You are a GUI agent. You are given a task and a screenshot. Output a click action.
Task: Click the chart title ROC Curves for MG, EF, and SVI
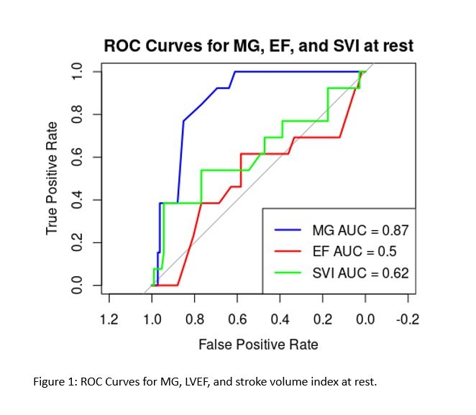(x=258, y=46)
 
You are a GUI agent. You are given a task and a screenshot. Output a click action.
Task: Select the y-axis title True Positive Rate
(x=51, y=178)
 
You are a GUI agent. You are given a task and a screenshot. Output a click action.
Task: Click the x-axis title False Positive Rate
(x=258, y=344)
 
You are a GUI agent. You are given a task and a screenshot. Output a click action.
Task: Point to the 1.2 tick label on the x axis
(x=109, y=319)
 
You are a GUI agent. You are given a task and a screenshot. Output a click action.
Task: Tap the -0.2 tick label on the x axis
(x=408, y=319)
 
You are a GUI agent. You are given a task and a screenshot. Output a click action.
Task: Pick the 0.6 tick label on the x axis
(x=237, y=319)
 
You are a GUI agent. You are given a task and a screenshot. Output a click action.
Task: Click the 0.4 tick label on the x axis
(x=280, y=319)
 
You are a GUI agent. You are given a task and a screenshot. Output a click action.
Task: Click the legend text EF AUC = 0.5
(x=354, y=252)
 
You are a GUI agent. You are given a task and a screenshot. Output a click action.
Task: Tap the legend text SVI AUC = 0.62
(x=360, y=273)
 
